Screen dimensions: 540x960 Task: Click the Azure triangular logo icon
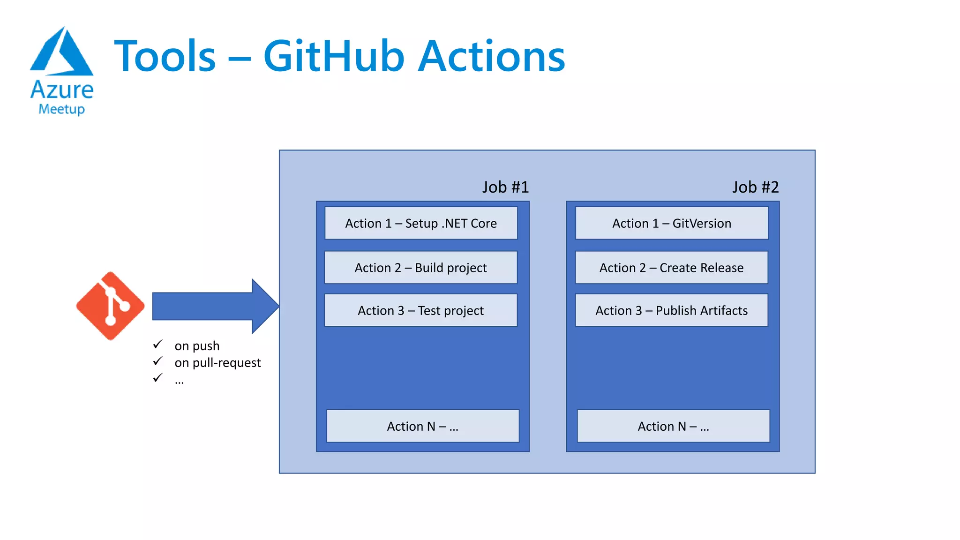coord(62,52)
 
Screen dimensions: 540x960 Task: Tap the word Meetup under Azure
coord(61,109)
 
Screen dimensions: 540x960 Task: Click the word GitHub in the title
coord(334,56)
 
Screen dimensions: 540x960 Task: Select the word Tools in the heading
coord(165,56)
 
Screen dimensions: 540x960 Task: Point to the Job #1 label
coord(505,187)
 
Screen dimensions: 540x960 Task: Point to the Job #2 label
coord(755,187)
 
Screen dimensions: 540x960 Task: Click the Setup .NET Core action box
coord(421,223)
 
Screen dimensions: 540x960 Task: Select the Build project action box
coord(420,268)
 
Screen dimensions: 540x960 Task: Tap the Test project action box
coord(420,310)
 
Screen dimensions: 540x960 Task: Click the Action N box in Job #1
coord(422,426)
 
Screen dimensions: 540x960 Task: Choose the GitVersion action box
coord(671,223)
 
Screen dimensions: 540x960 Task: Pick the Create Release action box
coord(671,268)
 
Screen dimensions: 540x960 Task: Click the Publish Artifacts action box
coord(671,310)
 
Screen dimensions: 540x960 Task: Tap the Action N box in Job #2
coord(673,426)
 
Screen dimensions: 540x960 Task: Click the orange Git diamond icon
coord(110,306)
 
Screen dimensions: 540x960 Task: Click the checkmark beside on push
coord(157,345)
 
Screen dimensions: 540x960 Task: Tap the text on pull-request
coord(217,363)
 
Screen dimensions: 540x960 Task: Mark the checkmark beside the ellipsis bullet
coord(157,377)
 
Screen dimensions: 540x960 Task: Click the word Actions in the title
coord(492,56)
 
